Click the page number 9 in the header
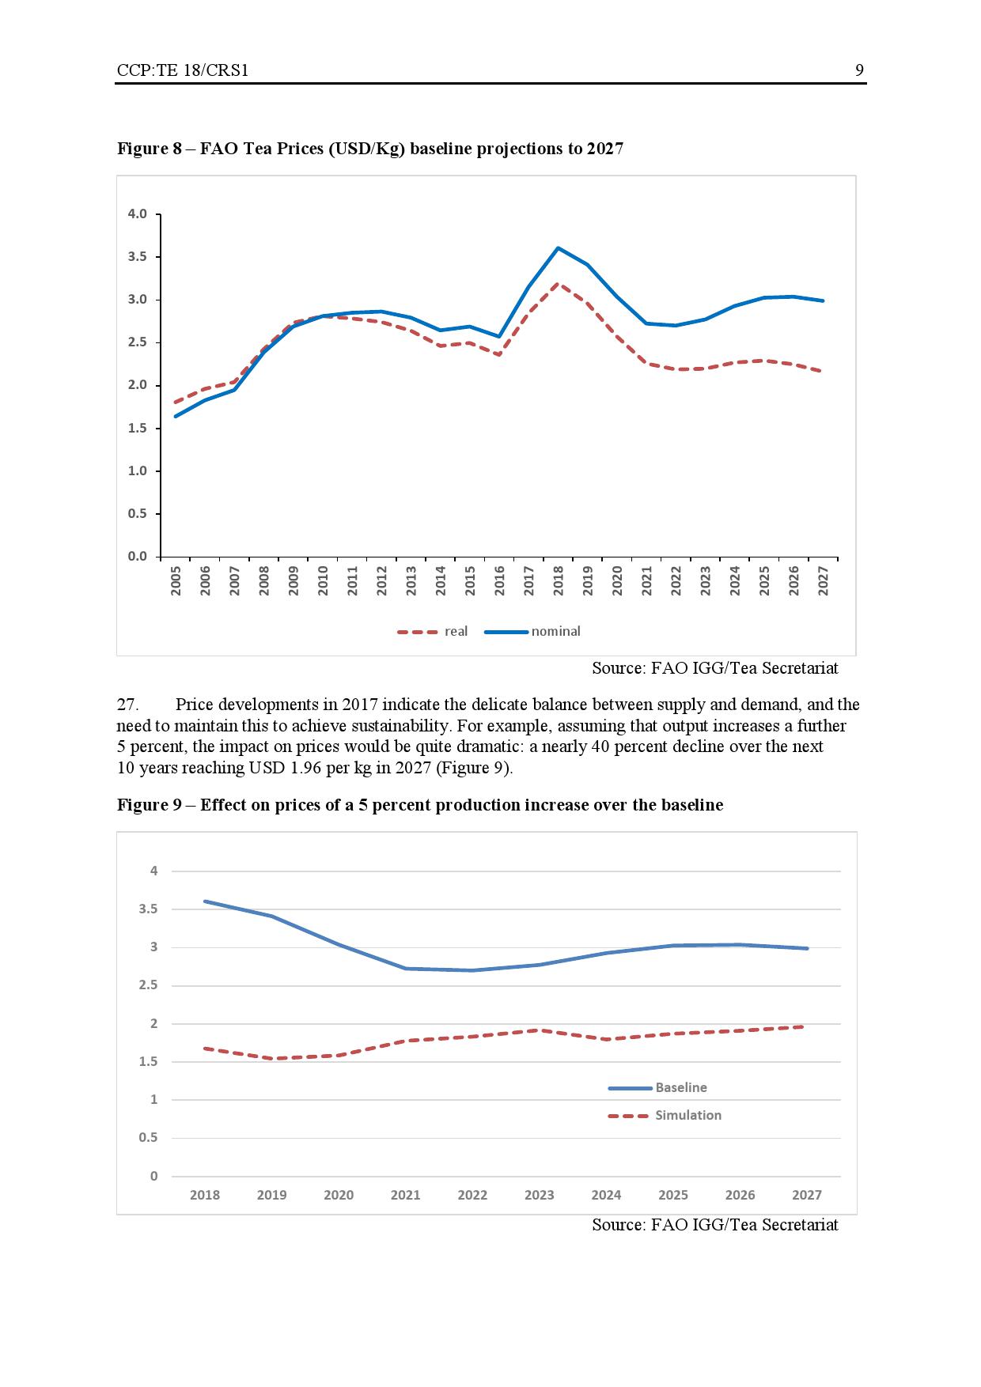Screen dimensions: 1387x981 point(859,70)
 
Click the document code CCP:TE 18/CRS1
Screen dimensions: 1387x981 point(182,70)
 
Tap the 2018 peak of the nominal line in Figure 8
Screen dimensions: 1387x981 point(558,248)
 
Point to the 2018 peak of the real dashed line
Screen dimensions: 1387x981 point(558,284)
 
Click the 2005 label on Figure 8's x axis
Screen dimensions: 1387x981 point(176,580)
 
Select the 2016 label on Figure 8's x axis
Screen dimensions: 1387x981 point(499,580)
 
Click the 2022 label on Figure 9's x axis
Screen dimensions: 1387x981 point(472,1195)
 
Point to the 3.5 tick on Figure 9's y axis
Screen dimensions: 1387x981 point(148,909)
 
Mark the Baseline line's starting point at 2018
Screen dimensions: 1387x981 point(205,901)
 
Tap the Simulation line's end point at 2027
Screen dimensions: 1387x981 point(805,1026)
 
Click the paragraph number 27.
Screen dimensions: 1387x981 point(127,705)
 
